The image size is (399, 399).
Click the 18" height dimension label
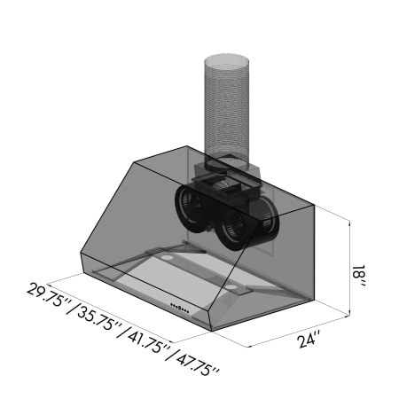tap(359, 276)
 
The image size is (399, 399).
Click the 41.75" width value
tap(149, 343)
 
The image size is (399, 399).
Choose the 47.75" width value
tap(199, 367)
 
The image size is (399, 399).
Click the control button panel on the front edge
tap(180, 308)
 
